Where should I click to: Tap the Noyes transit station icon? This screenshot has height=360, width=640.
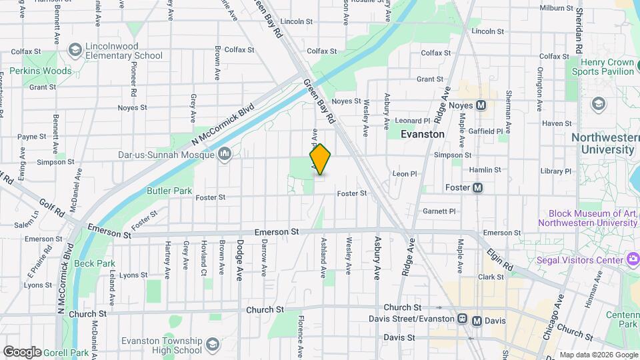pos(481,105)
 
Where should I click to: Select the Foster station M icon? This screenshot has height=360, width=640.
pos(477,188)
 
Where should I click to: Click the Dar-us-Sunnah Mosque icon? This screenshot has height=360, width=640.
pos(225,155)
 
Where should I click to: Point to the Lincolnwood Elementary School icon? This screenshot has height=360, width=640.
pos(75,51)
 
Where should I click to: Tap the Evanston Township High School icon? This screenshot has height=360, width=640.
pos(212,345)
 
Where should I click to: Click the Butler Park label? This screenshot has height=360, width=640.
pos(169,191)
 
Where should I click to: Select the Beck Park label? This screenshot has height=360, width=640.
pos(95,263)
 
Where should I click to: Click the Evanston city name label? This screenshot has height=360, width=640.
pos(422,134)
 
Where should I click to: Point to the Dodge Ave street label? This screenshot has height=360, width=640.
pos(239,260)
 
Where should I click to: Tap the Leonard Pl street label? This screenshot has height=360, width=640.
pos(413,121)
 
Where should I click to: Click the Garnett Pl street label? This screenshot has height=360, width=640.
pos(439,211)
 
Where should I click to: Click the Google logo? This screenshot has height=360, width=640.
pos(22,352)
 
